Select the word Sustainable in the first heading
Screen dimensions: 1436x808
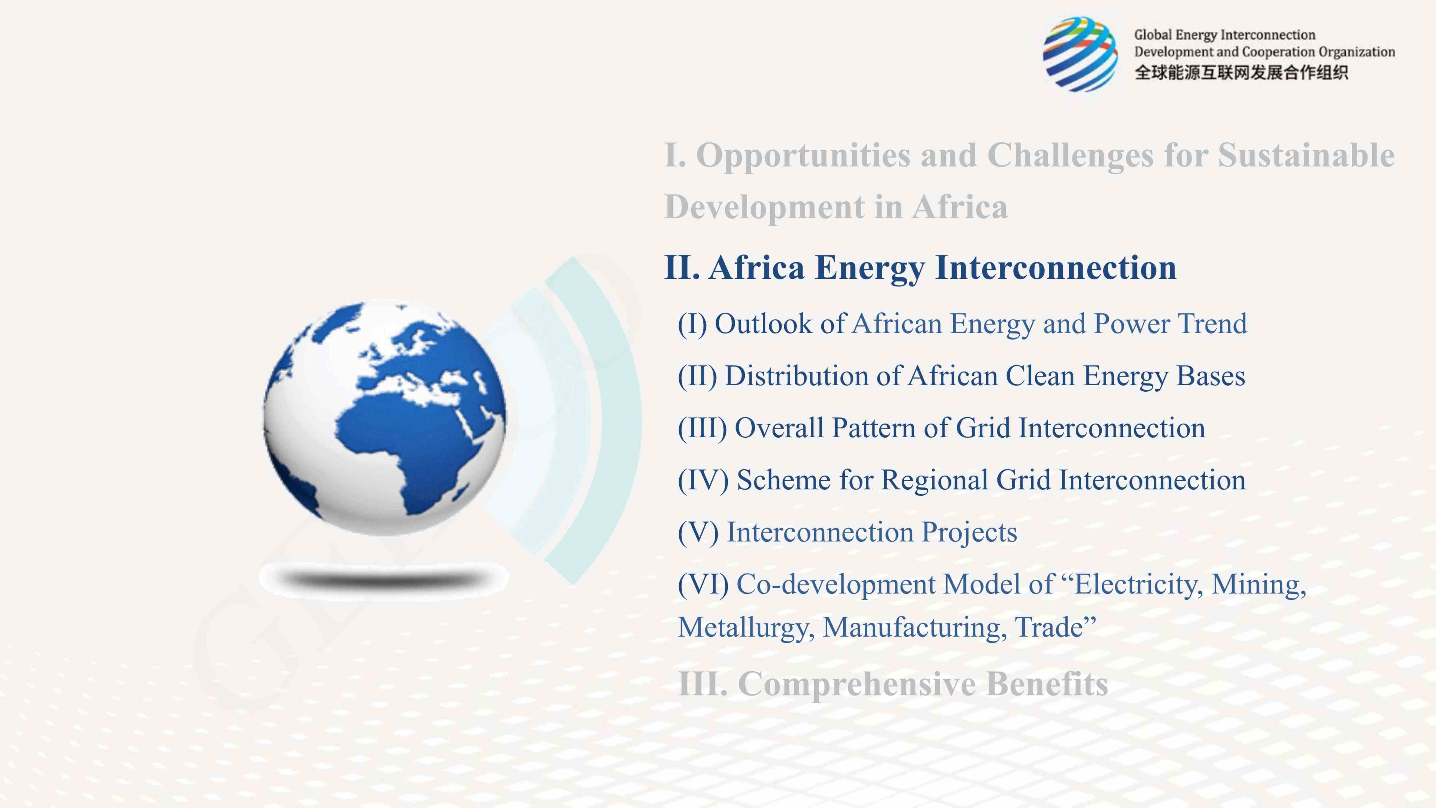pos(1306,155)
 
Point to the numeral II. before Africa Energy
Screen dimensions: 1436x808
pos(682,268)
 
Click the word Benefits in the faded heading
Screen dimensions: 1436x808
pos(1047,684)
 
